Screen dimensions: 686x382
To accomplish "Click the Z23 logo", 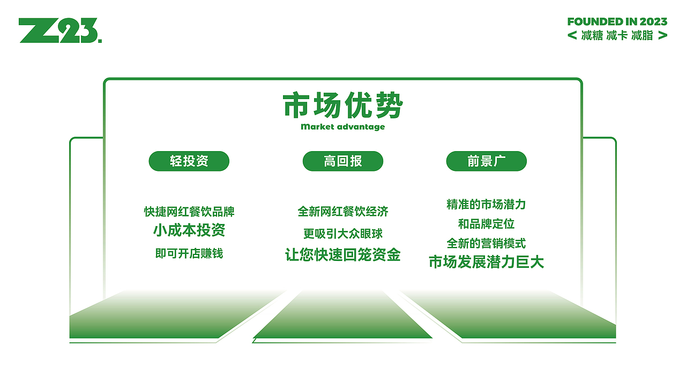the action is pos(60,31).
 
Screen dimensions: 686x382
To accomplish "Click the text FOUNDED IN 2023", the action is pos(617,22).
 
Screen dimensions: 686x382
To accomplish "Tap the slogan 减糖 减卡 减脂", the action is pos(617,35).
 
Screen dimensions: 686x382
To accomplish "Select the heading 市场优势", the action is pos(342,105).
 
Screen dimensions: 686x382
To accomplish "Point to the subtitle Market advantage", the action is pos(342,127).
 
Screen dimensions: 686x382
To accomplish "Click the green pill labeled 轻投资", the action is pos(189,161).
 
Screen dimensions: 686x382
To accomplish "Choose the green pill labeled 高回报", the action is pos(342,161).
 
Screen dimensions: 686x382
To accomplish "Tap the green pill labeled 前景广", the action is pos(486,161).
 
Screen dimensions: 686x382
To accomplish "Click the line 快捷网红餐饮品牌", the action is pos(189,212).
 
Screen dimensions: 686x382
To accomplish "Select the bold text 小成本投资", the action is pos(189,230).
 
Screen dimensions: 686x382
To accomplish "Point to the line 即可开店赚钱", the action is pos(189,253).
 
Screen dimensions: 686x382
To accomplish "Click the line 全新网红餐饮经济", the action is pos(342,212).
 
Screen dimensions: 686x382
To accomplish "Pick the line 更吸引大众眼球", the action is pos(342,234).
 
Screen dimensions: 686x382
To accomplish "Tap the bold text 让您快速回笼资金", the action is pos(342,255).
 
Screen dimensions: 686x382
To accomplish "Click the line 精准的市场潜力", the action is pos(486,205).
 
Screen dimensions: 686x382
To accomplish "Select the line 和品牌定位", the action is pos(486,224).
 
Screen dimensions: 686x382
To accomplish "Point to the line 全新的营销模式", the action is pos(486,244).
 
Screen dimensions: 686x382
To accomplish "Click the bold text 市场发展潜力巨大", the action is pos(486,262).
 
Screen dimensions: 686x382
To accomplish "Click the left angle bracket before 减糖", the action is pos(572,35).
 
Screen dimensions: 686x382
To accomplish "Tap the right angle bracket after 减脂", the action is pos(662,35).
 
